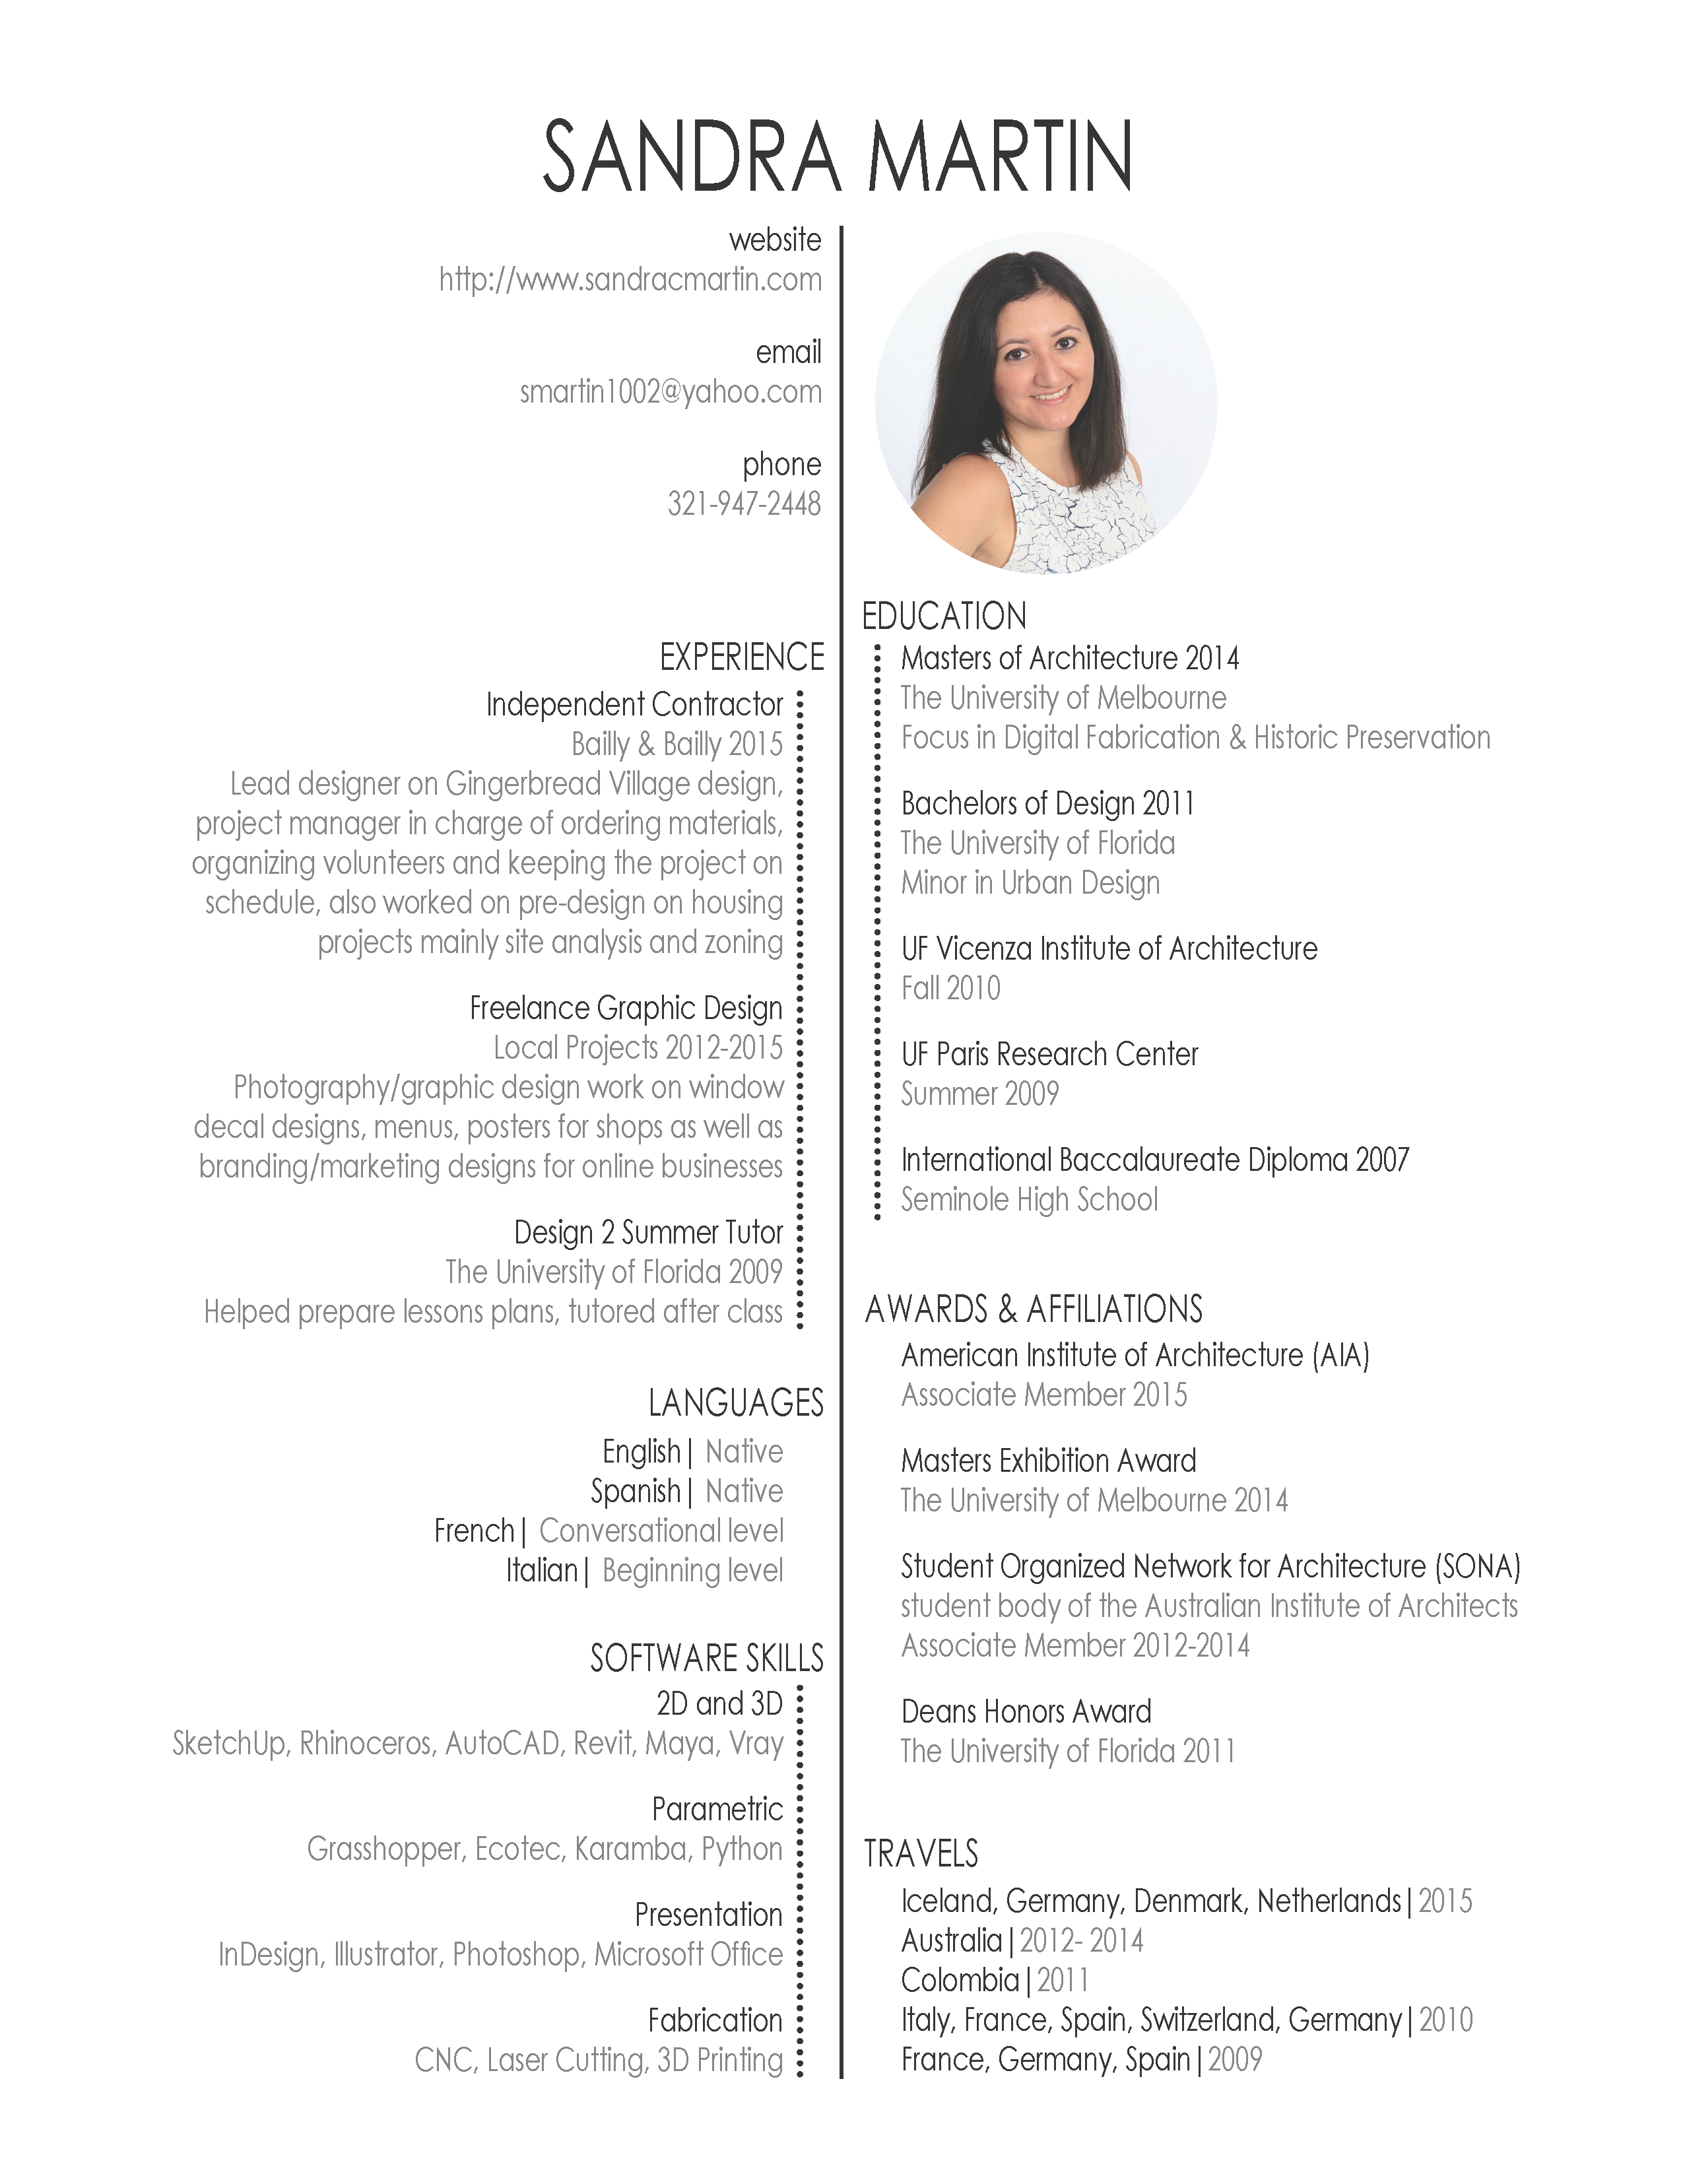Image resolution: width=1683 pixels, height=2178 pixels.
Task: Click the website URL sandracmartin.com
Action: [630, 280]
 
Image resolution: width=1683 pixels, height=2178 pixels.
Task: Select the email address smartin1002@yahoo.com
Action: [670, 393]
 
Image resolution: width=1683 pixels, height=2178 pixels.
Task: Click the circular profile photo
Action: [1046, 403]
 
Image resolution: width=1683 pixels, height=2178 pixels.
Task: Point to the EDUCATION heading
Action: [943, 616]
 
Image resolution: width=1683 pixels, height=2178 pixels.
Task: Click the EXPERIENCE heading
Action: [742, 657]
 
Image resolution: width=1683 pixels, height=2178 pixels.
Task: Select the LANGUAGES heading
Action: [736, 1403]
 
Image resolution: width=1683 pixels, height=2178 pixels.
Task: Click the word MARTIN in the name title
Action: [999, 158]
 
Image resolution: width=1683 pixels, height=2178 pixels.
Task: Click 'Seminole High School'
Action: [1029, 1200]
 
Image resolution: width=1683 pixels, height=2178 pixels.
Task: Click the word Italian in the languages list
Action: [541, 1571]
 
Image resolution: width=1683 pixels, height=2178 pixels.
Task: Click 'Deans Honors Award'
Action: [1026, 1712]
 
